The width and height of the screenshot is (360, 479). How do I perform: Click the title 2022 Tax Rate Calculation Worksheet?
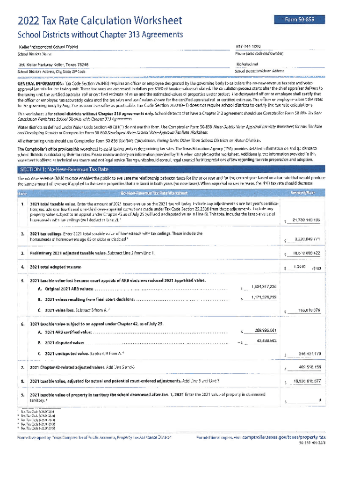(100, 21)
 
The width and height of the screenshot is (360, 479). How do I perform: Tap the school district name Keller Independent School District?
(48, 47)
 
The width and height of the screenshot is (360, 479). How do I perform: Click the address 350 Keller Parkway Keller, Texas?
(53, 65)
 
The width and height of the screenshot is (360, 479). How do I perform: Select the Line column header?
(22, 193)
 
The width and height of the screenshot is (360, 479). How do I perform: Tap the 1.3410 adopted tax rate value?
(299, 267)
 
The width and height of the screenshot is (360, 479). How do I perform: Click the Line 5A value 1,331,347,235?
(264, 286)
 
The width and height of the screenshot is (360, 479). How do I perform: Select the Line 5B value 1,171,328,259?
(264, 298)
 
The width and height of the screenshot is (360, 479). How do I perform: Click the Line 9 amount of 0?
(319, 400)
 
